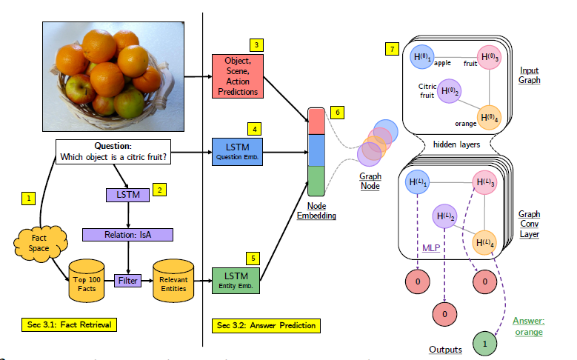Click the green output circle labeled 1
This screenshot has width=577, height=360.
coord(484,343)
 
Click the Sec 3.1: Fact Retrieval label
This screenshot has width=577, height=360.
coord(70,324)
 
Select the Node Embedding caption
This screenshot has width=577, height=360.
coord(316,210)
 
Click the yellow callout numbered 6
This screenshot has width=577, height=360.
coord(338,112)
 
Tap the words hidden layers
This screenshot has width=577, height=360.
coord(456,144)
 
